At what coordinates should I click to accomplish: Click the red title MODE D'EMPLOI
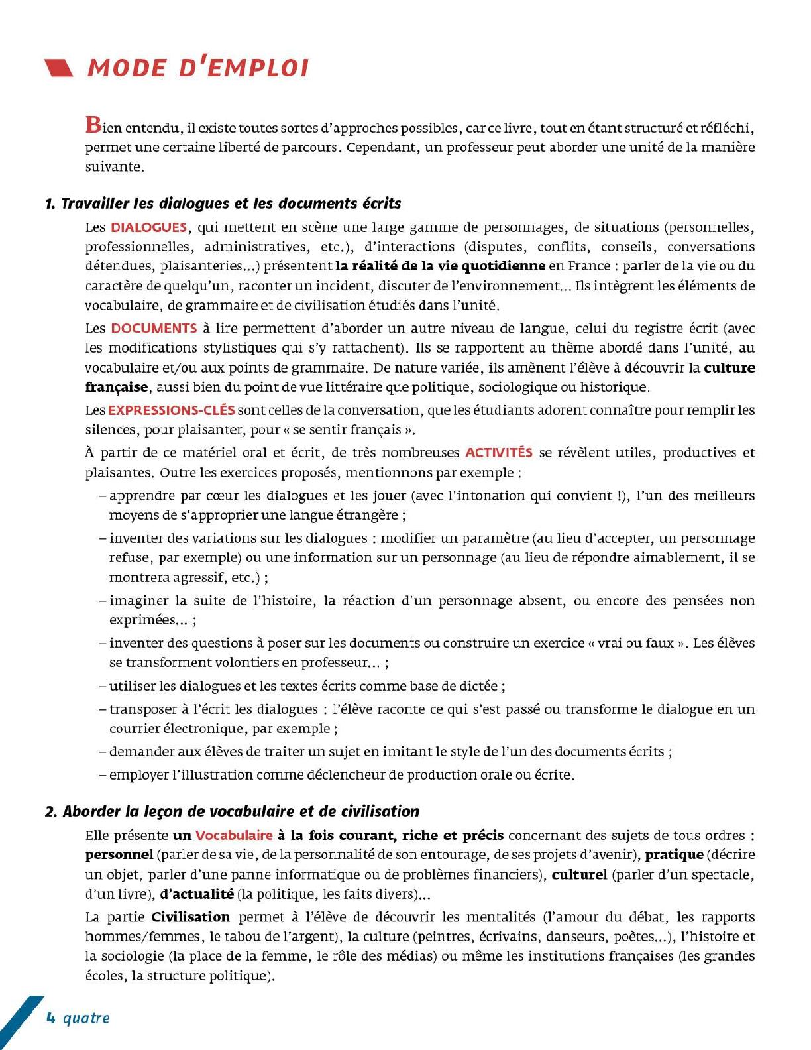pos(198,68)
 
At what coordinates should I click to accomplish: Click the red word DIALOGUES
pos(148,227)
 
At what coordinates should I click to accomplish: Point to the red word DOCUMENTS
pos(154,328)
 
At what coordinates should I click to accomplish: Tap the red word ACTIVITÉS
pos(498,453)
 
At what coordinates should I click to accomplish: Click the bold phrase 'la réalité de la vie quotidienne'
pos(440,266)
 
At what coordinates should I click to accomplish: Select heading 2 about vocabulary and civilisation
pos(233,811)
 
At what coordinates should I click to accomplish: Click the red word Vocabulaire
pos(234,835)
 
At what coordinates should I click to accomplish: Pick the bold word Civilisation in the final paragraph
pos(191,917)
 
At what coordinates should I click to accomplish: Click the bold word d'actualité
pos(197,894)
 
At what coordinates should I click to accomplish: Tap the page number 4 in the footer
pos(50,1018)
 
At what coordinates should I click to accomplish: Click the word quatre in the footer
pos(86,1018)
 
